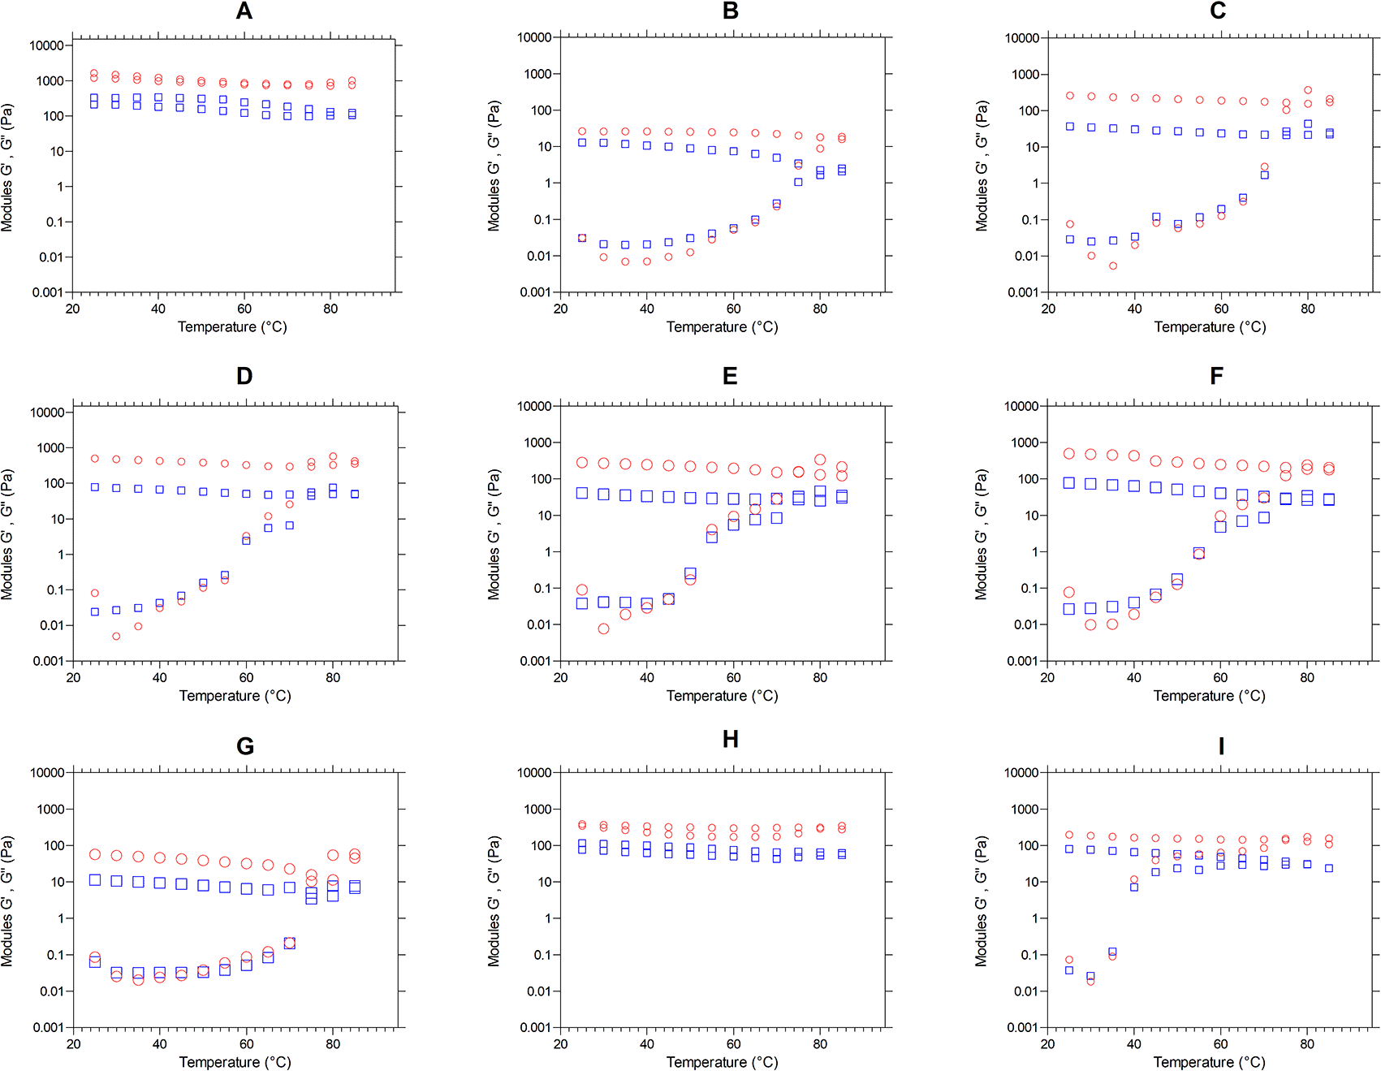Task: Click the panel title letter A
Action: coord(244,11)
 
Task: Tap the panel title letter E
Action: coord(730,376)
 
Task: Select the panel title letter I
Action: coord(1221,745)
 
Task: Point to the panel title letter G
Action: coord(245,746)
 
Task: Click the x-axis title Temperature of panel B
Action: coord(722,327)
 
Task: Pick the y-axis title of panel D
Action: coord(7,534)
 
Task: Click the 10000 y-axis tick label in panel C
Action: coord(1021,38)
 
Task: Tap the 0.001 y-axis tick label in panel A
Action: coord(48,292)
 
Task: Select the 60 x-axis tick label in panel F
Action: coord(1220,678)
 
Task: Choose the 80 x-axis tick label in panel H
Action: coord(820,1044)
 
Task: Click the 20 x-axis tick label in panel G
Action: coord(74,1044)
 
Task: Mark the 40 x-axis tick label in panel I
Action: coord(1134,1044)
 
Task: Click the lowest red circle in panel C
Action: coord(1113,266)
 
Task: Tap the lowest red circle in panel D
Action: coord(116,636)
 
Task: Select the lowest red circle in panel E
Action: coord(603,628)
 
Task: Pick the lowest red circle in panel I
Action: coord(1090,981)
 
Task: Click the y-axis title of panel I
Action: coord(982,901)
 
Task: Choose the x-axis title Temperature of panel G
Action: coord(235,1062)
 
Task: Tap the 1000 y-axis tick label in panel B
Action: coord(537,74)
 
